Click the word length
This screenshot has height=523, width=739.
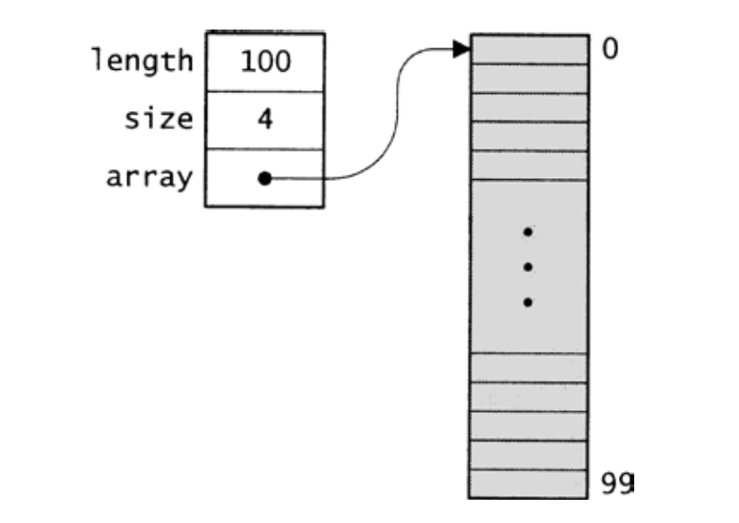click(142, 61)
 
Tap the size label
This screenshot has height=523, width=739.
click(159, 118)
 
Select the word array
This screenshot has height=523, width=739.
click(150, 177)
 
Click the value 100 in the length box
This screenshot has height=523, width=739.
click(265, 62)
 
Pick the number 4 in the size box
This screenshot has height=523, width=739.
click(265, 119)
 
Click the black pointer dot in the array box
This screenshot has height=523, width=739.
click(265, 178)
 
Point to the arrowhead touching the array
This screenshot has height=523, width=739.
click(461, 49)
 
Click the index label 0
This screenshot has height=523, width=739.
click(610, 49)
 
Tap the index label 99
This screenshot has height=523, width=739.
click(617, 483)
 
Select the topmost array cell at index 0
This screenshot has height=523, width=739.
click(529, 49)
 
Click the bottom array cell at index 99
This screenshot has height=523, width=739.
click(528, 484)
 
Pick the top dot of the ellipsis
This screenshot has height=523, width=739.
click(528, 232)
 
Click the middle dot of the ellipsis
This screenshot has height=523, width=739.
click(528, 267)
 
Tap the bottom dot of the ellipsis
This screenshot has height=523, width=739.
click(528, 303)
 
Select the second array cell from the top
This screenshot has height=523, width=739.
click(529, 79)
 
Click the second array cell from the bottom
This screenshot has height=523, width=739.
click(528, 455)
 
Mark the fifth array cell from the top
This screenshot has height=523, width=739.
click(529, 166)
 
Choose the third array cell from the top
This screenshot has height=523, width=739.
click(529, 107)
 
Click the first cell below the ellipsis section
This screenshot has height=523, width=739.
click(528, 368)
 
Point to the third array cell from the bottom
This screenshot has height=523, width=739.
click(528, 426)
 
